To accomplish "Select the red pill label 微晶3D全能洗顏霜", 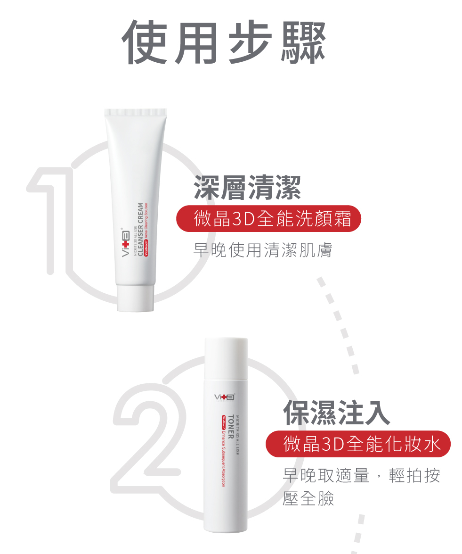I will [268, 218].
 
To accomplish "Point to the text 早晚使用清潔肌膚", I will [262, 250].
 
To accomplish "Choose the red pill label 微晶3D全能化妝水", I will [358, 444].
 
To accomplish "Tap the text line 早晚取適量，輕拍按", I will [361, 476].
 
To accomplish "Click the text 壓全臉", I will [308, 498].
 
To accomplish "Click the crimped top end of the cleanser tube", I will [136, 112].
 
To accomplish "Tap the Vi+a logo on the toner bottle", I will [224, 397].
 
